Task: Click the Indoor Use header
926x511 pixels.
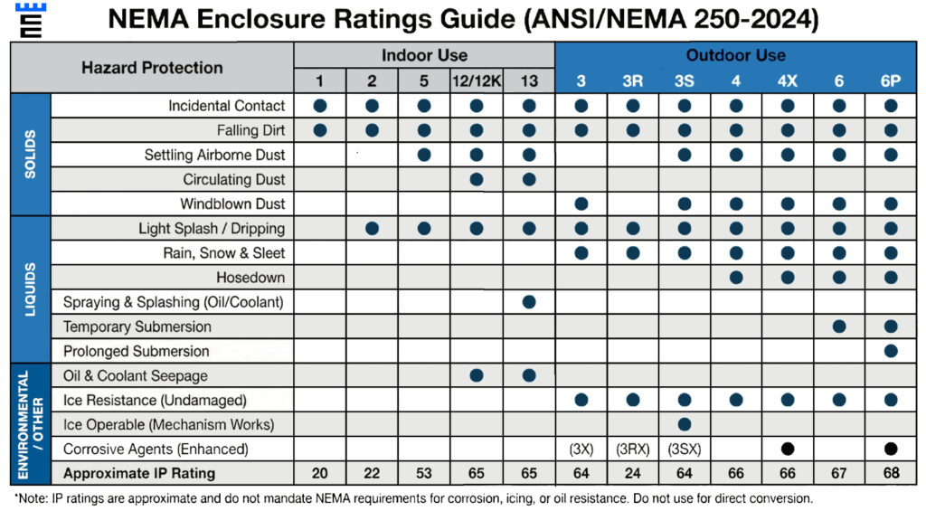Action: [424, 55]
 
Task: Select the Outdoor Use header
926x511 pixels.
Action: [736, 55]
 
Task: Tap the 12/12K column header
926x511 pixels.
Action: [476, 81]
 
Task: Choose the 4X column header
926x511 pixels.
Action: [788, 81]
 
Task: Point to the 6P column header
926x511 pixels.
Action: [891, 81]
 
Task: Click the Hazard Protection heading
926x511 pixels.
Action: [152, 68]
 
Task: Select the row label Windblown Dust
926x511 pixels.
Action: [232, 203]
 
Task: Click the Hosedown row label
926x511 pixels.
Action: [250, 278]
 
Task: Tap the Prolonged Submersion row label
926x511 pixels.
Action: [136, 351]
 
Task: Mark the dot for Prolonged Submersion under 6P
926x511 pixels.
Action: [891, 351]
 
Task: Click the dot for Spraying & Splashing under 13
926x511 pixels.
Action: [529, 302]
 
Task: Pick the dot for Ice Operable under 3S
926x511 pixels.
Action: [685, 424]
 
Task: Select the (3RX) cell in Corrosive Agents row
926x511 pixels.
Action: [632, 449]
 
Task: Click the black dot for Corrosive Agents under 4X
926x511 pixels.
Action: [788, 449]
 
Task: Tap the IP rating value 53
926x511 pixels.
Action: [424, 474]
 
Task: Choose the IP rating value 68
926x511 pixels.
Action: [891, 474]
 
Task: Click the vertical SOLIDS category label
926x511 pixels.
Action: [30, 154]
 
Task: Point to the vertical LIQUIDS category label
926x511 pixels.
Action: [30, 289]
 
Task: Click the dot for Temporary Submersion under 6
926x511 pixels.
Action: [839, 326]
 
